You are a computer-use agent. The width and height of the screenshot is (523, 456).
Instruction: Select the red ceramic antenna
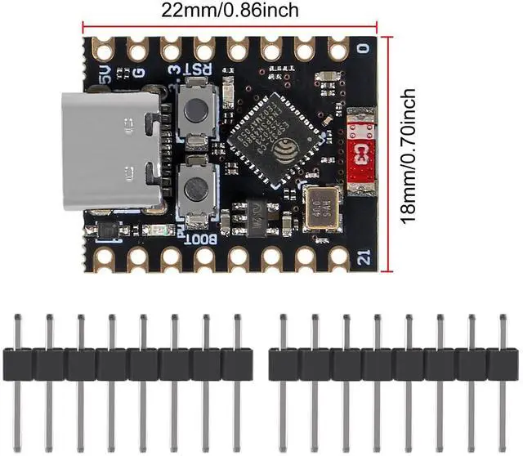pyautogui.click(x=360, y=153)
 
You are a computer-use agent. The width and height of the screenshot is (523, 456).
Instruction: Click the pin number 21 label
pyautogui.click(x=364, y=260)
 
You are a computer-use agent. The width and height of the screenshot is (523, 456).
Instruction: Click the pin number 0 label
pyautogui.click(x=361, y=48)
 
